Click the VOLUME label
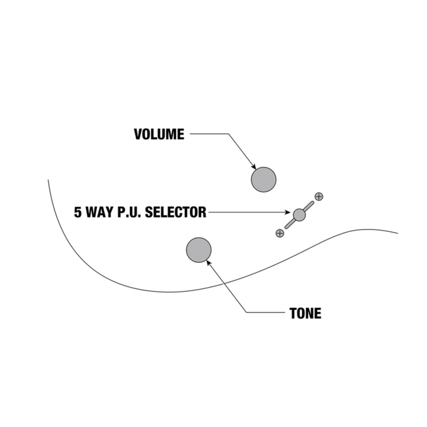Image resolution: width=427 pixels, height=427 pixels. coord(159,135)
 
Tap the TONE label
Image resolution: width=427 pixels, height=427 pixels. coord(305,313)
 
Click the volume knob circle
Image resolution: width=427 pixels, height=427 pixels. coord(263,179)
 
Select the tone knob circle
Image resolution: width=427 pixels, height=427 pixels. coord(199,250)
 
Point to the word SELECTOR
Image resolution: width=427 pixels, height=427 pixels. coord(175,212)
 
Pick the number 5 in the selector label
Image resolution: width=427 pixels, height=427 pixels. coord(78,212)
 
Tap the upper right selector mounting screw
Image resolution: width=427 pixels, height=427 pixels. coord(319,196)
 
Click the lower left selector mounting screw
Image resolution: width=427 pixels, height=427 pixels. coord(280,233)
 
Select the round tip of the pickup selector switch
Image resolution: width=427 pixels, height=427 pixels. coord(300,214)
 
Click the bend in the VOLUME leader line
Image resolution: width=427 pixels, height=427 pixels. coord(229,135)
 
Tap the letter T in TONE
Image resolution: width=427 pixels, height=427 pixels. coord(293,313)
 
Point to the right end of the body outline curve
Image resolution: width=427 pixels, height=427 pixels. coord(397,233)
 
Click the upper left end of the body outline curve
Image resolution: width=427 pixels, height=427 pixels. coord(48,180)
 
